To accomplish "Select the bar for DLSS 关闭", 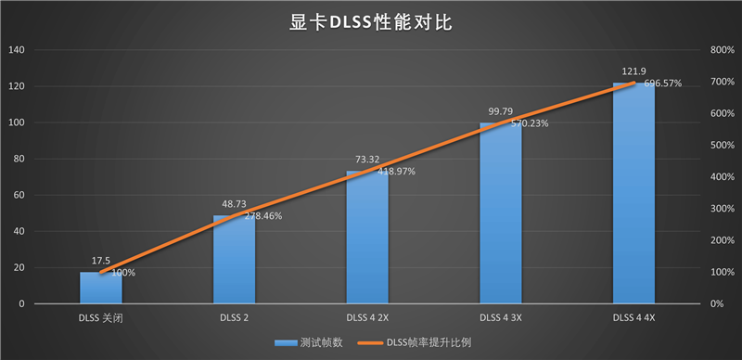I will click(100, 289).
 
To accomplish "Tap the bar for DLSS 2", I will click(234, 261).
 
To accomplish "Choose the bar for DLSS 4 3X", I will click(501, 214).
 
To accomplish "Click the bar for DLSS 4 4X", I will click(634, 194).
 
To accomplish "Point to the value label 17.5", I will click(100, 262).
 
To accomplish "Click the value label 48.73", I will click(234, 205).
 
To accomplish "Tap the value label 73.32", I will click(367, 161).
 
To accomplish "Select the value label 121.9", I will click(634, 72).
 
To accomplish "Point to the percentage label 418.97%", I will click(396, 172).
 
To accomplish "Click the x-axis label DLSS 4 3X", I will click(501, 318).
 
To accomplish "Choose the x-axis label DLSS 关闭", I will click(100, 318).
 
